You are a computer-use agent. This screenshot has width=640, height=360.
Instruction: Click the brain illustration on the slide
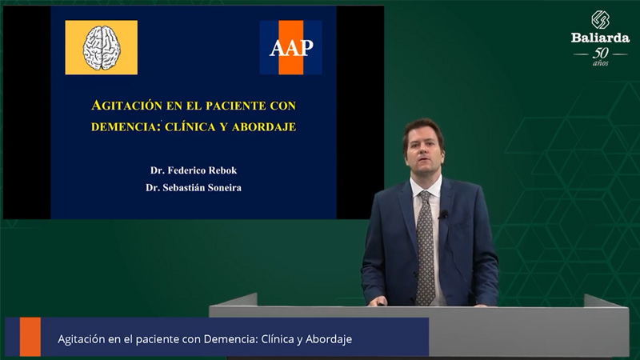click(x=102, y=48)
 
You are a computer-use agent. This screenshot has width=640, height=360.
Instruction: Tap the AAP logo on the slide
click(x=290, y=47)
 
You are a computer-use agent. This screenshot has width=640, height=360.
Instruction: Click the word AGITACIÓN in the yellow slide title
click(x=127, y=106)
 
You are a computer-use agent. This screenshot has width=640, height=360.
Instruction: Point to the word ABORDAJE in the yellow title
click(x=264, y=126)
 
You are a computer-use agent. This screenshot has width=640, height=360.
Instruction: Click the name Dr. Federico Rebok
click(x=194, y=170)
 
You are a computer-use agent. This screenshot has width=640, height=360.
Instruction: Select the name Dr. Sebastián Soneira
click(x=194, y=188)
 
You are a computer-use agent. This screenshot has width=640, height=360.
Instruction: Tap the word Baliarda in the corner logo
click(x=600, y=38)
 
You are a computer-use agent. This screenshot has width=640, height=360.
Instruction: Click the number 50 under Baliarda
click(x=601, y=53)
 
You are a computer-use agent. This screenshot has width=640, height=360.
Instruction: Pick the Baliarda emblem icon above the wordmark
click(x=601, y=20)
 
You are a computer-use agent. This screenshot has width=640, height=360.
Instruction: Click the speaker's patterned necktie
click(x=425, y=248)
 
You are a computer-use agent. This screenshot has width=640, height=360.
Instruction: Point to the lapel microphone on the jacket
click(x=444, y=214)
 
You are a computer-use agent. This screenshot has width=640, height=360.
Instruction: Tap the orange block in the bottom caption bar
click(x=30, y=337)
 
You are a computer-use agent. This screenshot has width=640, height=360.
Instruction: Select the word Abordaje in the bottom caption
click(x=329, y=339)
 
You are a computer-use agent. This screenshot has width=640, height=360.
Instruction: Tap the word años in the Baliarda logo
click(x=601, y=63)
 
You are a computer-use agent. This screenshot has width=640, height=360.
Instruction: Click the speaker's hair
click(x=423, y=130)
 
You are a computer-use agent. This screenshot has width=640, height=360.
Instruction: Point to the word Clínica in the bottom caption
click(x=277, y=338)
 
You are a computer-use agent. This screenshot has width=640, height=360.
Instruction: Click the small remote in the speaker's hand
click(x=381, y=303)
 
